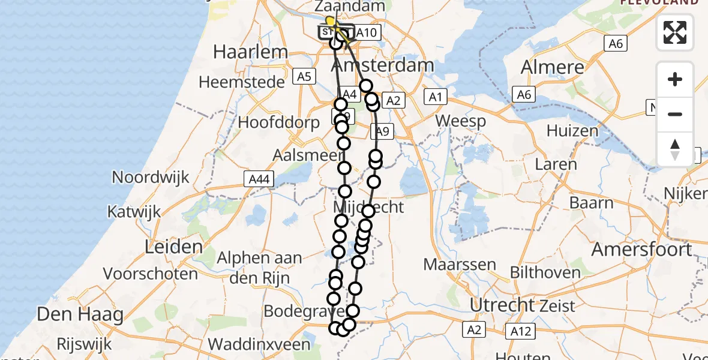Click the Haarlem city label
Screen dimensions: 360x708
pyautogui.click(x=250, y=52)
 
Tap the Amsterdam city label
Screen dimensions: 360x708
pyautogui.click(x=391, y=65)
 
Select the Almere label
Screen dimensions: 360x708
pyautogui.click(x=552, y=67)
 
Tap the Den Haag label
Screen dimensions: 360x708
pyautogui.click(x=80, y=314)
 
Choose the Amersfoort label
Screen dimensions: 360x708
pyautogui.click(x=641, y=249)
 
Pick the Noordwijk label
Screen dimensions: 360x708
pyautogui.click(x=151, y=177)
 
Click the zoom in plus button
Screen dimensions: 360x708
pyautogui.click(x=675, y=79)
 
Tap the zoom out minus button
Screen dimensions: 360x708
pyautogui.click(x=675, y=114)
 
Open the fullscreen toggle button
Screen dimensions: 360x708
pyautogui.click(x=675, y=32)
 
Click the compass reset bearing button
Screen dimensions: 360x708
pyautogui.click(x=675, y=149)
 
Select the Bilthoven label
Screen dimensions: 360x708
pyautogui.click(x=545, y=272)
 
